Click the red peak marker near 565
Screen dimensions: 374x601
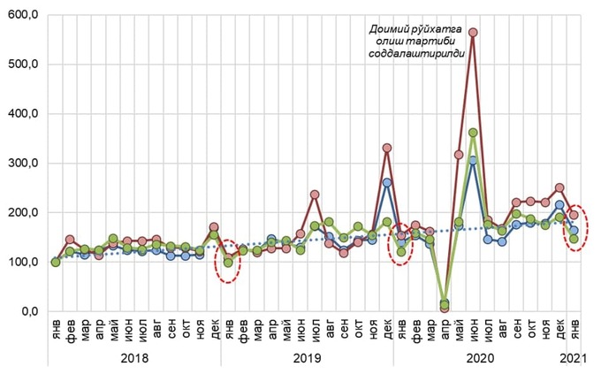[x=473, y=33]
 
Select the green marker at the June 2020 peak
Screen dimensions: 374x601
[x=473, y=133]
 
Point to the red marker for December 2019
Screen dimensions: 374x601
[x=386, y=149]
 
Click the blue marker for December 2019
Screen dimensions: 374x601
[x=386, y=183]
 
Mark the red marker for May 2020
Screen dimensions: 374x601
[x=459, y=155]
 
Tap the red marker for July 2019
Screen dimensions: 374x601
[x=315, y=195]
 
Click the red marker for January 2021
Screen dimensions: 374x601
[x=574, y=215]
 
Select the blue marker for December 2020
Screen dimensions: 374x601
[x=559, y=205]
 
